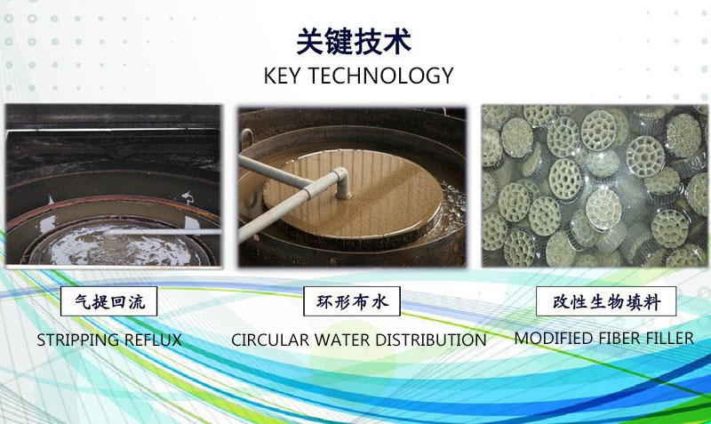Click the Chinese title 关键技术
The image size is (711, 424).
(354, 41)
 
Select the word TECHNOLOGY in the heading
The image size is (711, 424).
(381, 76)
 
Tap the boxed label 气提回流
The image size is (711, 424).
(108, 301)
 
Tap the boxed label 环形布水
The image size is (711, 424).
(352, 301)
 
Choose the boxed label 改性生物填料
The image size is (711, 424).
(606, 301)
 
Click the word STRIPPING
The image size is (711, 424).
(77, 340)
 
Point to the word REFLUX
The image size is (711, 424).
(153, 340)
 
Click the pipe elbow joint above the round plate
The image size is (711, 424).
(340, 181)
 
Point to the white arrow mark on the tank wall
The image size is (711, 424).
(188, 197)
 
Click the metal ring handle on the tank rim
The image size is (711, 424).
(247, 139)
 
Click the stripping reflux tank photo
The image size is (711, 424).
(114, 185)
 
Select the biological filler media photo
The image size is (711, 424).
(595, 186)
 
